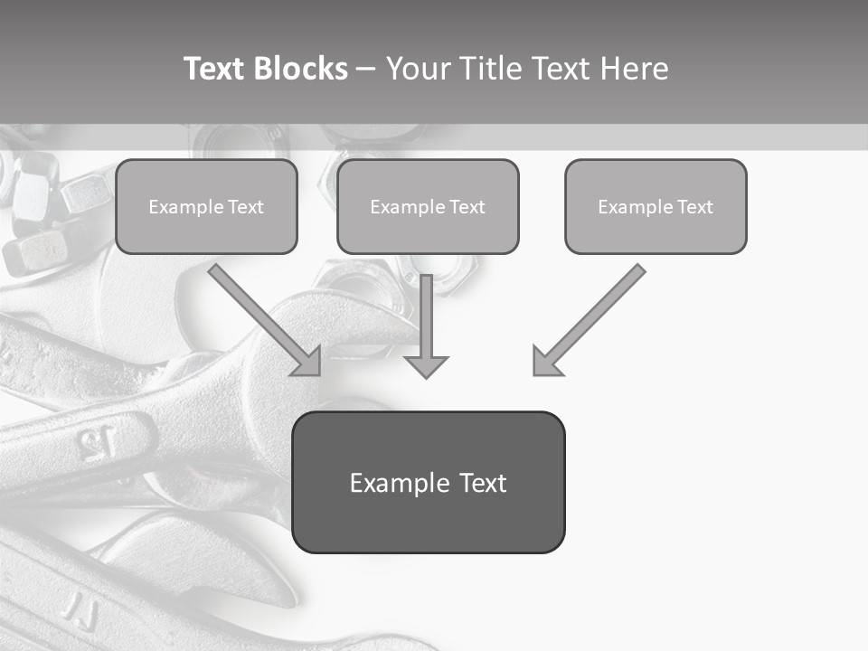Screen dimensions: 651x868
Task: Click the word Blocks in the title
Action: pyautogui.click(x=301, y=69)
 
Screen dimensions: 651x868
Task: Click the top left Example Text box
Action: pyautogui.click(x=206, y=207)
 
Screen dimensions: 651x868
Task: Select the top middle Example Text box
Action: pyautogui.click(x=428, y=207)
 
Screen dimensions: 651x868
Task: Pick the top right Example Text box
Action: pyautogui.click(x=656, y=207)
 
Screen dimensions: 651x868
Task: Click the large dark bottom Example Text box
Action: pyautogui.click(x=428, y=483)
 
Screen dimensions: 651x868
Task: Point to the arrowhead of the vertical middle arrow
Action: pyautogui.click(x=426, y=366)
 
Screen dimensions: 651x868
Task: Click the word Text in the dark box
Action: pyautogui.click(x=482, y=483)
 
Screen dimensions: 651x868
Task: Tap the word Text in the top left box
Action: pyautogui.click(x=246, y=207)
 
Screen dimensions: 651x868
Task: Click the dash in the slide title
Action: pyautogui.click(x=366, y=69)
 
